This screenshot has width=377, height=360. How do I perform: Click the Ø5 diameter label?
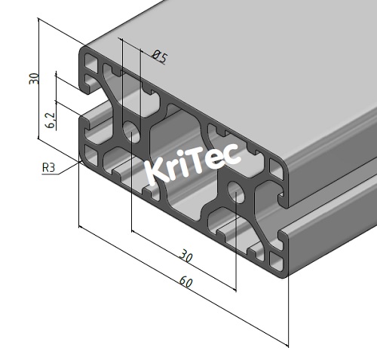click(159, 56)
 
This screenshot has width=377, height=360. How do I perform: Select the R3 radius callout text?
click(48, 167)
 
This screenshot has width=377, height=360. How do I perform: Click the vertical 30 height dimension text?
click(33, 78)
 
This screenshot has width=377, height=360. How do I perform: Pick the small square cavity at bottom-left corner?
click(92, 155)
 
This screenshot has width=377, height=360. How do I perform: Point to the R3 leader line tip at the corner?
click(80, 160)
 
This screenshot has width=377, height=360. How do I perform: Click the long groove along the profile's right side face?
click(332, 196)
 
